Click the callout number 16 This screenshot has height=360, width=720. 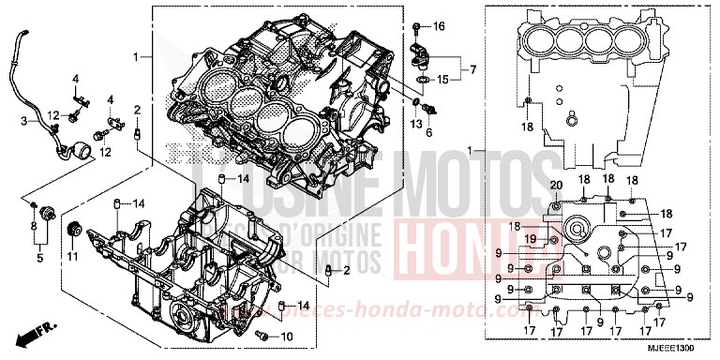tap(441, 24)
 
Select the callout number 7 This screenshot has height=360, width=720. tap(473, 70)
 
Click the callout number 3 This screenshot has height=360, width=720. tap(25, 120)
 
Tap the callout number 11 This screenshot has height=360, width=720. tap(73, 256)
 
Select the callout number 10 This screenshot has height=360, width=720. tap(287, 335)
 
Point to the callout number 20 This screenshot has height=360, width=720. tap(556, 184)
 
